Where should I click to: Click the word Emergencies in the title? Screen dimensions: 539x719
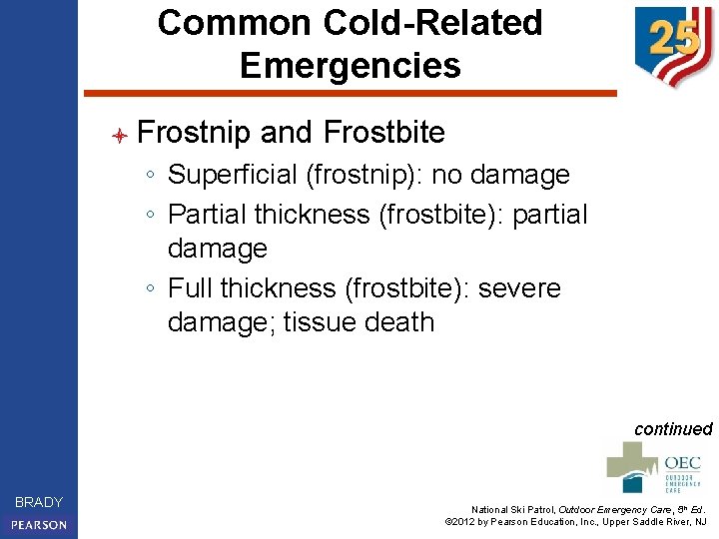(x=351, y=66)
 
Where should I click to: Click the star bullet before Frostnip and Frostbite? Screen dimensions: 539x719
(x=118, y=134)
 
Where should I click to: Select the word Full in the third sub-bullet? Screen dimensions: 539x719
(x=190, y=288)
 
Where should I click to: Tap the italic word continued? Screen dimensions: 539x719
(x=673, y=429)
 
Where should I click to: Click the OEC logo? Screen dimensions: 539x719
(x=655, y=467)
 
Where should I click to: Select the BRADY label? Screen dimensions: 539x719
(x=39, y=502)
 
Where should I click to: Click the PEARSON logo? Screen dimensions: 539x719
(x=39, y=525)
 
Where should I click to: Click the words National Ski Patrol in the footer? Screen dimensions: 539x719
(x=511, y=507)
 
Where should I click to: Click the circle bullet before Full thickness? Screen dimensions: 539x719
(x=148, y=289)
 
